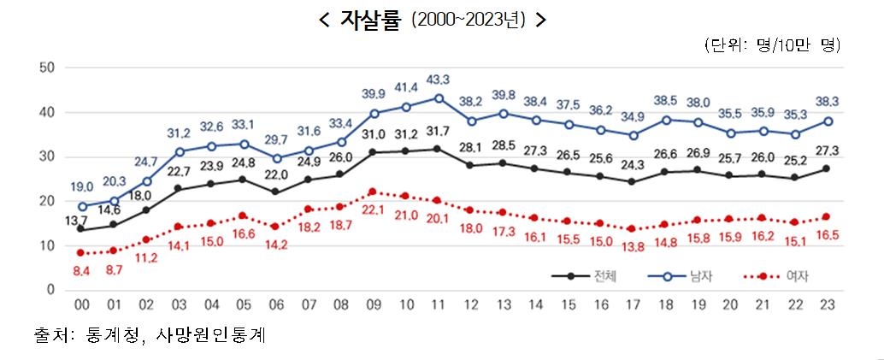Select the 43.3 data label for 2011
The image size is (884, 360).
(438, 80)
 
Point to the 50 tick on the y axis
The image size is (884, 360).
(48, 68)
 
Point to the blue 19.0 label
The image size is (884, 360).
(81, 186)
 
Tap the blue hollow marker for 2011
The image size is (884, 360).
(438, 98)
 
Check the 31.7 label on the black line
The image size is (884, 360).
(438, 132)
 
